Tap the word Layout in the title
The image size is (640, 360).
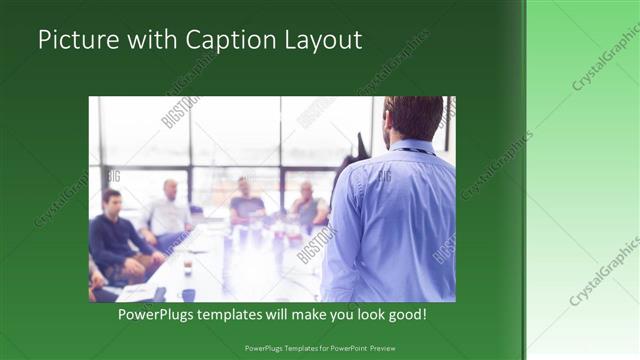tap(319, 41)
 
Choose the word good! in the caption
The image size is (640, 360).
tap(403, 314)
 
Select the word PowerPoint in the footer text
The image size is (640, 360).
tap(338, 348)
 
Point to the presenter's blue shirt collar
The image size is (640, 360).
tap(411, 148)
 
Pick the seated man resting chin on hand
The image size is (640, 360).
tap(306, 204)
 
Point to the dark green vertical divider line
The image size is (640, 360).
tap(523, 180)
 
